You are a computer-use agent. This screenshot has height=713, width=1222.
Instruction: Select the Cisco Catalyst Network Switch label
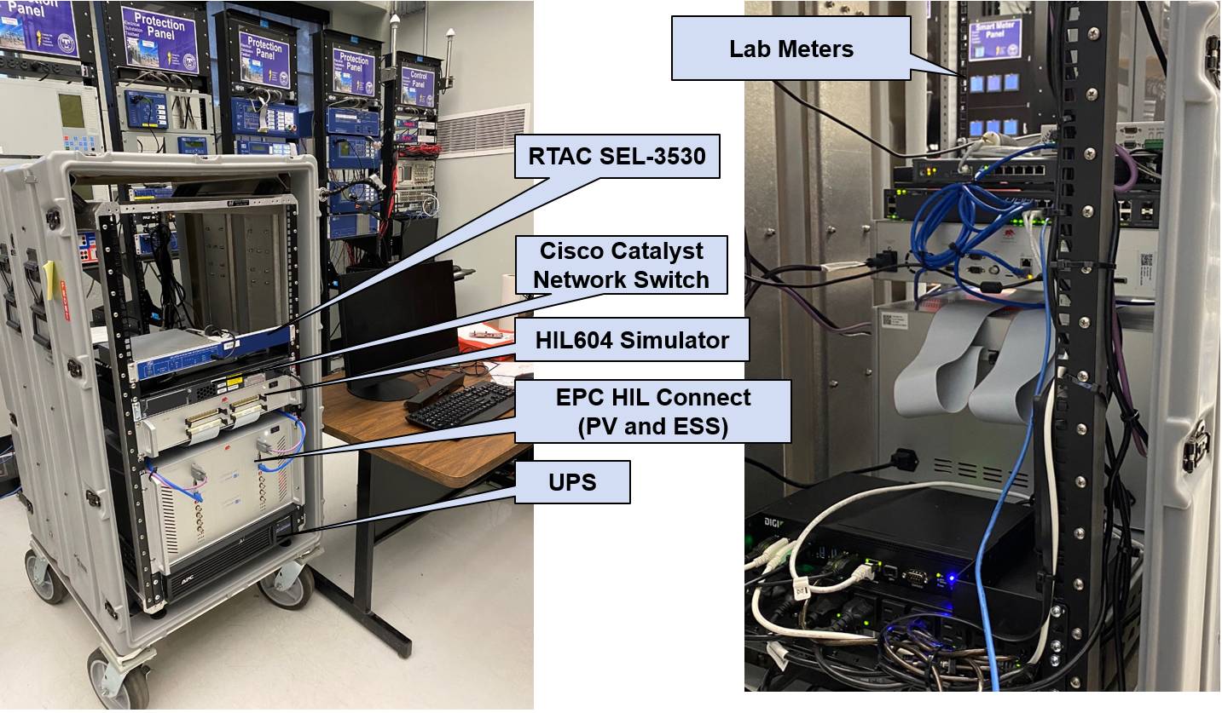coord(622,265)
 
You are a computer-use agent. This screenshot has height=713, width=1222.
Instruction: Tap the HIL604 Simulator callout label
coord(632,341)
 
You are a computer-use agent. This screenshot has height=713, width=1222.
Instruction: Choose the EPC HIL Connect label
coord(653,411)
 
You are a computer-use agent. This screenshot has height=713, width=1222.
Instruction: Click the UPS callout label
coord(572,483)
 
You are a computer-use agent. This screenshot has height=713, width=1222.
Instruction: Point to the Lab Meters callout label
coord(791,49)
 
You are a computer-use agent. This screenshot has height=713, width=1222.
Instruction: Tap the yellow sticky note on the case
coord(50,279)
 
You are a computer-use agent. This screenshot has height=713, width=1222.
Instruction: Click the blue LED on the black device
coord(951,579)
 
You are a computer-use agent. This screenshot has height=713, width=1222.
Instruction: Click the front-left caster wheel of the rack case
coord(121,681)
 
